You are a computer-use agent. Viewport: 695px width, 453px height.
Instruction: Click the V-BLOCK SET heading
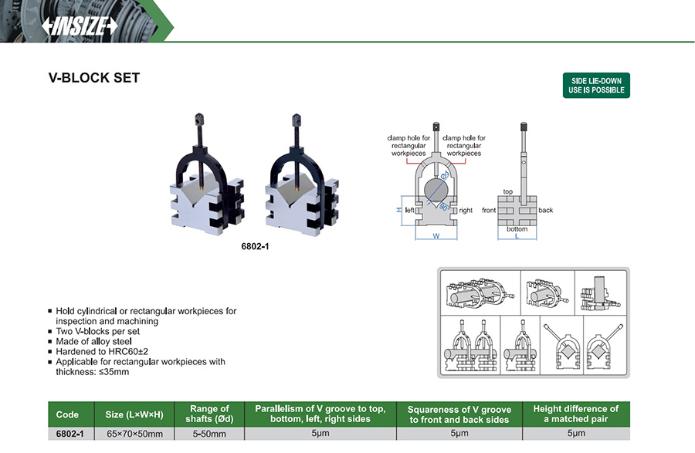(93, 79)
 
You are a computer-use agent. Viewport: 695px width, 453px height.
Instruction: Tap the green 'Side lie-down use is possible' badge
(595, 85)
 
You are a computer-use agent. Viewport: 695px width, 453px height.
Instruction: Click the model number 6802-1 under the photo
(255, 247)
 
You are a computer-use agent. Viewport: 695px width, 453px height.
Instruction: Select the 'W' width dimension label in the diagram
(436, 236)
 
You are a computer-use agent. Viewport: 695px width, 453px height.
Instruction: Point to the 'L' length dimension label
(517, 236)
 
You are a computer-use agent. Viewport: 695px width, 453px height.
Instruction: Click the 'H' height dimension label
(399, 210)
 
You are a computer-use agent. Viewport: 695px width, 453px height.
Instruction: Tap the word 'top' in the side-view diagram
(508, 192)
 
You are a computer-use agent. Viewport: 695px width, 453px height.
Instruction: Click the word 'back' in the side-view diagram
(546, 210)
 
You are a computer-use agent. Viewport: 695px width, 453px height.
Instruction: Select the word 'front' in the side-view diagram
(489, 210)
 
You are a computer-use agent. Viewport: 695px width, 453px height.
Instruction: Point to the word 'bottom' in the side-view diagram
(517, 229)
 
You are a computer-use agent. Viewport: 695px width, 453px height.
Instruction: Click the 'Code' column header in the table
(68, 414)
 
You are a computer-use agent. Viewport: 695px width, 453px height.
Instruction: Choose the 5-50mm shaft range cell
(209, 434)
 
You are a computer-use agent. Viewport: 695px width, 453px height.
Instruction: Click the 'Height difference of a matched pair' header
(575, 414)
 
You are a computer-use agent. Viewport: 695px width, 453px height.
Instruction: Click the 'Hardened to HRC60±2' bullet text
(100, 351)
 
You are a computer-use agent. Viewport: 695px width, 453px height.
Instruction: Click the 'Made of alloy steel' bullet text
(94, 341)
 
